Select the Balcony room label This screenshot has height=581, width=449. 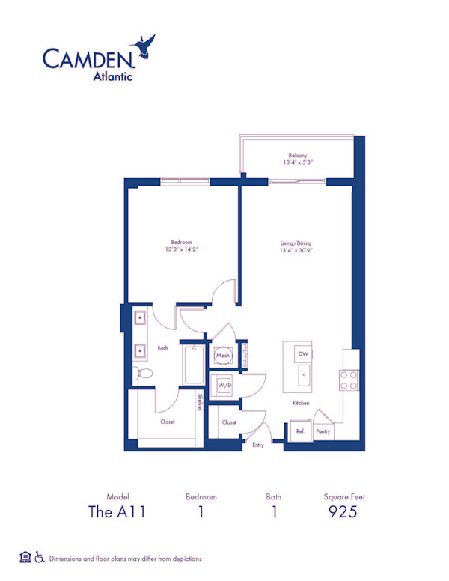click(x=297, y=156)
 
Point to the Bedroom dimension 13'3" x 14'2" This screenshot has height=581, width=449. click(x=182, y=251)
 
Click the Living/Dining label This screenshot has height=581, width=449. click(x=296, y=243)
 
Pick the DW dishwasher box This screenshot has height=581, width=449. click(x=302, y=353)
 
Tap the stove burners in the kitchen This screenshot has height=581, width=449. click(x=348, y=380)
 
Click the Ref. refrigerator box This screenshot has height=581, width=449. click(x=300, y=432)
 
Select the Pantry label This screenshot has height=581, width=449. click(x=323, y=432)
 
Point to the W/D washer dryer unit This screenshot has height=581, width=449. click(x=223, y=385)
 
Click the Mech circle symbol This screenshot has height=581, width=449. click(x=223, y=356)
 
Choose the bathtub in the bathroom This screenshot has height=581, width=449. click(x=194, y=365)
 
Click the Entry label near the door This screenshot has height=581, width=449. click(x=258, y=445)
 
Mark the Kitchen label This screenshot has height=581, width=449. click(x=301, y=403)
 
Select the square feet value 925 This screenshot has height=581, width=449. click(x=343, y=512)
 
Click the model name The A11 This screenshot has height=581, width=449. click(x=116, y=512)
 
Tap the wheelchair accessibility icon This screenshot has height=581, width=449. click(x=40, y=558)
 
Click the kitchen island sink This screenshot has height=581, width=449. click(x=303, y=375)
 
